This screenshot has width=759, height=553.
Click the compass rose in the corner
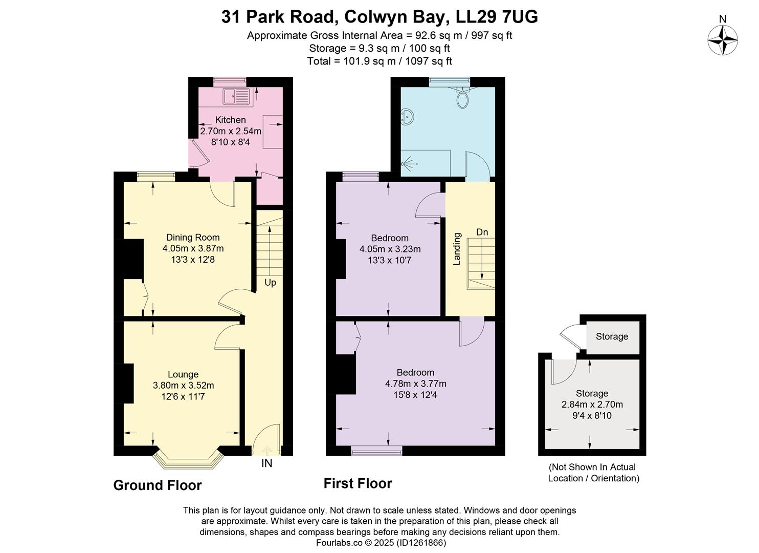(x=722, y=40)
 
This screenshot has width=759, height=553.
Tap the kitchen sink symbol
(x=235, y=96)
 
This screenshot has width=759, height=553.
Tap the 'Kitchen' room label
(x=230, y=120)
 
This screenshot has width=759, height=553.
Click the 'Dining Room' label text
(x=193, y=238)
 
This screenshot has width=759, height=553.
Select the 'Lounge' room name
(x=183, y=374)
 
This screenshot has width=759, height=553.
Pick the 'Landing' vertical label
(x=457, y=249)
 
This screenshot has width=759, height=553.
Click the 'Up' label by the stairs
(x=270, y=283)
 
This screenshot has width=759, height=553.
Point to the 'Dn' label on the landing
(x=482, y=232)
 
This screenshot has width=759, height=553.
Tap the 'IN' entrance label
(x=266, y=463)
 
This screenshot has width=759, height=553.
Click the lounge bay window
(x=189, y=459)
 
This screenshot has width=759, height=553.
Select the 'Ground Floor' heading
(x=158, y=485)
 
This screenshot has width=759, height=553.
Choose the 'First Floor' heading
(x=358, y=483)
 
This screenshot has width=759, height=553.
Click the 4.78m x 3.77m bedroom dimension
(x=415, y=384)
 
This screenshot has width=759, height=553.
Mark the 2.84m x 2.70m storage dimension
(x=592, y=405)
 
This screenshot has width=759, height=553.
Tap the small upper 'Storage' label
(x=612, y=336)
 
